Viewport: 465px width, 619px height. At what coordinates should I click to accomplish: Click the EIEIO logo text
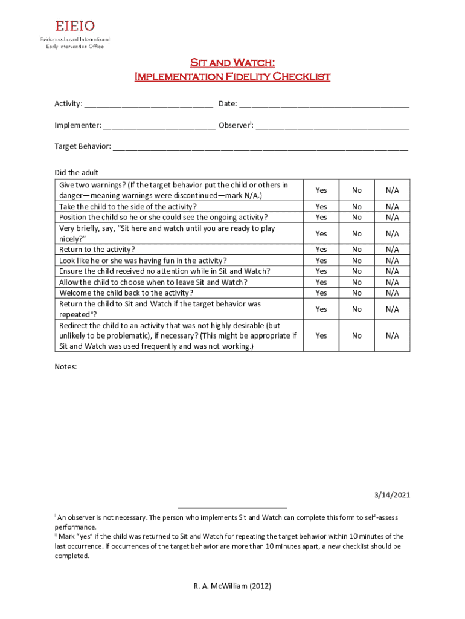tap(75, 26)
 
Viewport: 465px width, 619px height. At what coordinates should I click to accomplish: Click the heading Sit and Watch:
tap(232, 63)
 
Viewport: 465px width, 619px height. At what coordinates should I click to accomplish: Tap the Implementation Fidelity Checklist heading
tap(232, 76)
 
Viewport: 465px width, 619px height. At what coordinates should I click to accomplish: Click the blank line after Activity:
tap(149, 105)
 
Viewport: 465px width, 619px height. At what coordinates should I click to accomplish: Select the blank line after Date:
tap(324, 105)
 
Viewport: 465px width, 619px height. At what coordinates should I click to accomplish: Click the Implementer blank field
tap(159, 126)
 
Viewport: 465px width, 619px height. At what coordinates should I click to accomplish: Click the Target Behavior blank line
tap(260, 147)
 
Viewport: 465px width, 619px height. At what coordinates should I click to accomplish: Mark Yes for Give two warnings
tap(321, 190)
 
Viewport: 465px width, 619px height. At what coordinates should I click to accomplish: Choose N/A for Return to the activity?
tap(393, 250)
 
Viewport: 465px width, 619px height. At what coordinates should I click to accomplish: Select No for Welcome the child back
tap(357, 293)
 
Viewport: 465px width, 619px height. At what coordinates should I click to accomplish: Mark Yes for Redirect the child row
tap(321, 335)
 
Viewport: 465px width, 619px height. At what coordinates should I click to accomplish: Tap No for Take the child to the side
tap(357, 207)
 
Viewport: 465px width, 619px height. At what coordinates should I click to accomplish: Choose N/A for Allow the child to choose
tap(393, 282)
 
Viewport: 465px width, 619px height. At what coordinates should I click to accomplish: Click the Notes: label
tap(66, 367)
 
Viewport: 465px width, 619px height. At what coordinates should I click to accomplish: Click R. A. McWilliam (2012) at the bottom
tap(232, 586)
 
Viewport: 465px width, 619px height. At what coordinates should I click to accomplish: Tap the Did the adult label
tap(76, 173)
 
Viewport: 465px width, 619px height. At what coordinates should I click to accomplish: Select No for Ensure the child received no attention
tap(357, 271)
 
